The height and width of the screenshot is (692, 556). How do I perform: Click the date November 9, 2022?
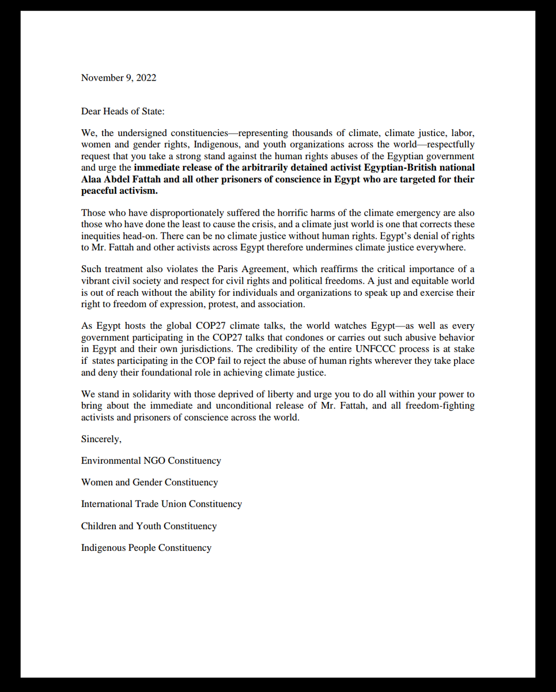pyautogui.click(x=118, y=78)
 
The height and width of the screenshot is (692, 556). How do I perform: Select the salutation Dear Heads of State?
pyautogui.click(x=123, y=111)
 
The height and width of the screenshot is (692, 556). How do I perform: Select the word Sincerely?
pyautogui.click(x=101, y=439)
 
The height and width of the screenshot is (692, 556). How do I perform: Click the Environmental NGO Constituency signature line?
pyautogui.click(x=151, y=461)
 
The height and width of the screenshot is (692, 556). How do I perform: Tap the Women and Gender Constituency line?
pyautogui.click(x=149, y=482)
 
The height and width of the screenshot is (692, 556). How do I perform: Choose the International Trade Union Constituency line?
pyautogui.click(x=161, y=504)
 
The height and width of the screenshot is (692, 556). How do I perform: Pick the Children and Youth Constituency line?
pyautogui.click(x=149, y=526)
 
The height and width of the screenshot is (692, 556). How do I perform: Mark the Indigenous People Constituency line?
pyautogui.click(x=146, y=548)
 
